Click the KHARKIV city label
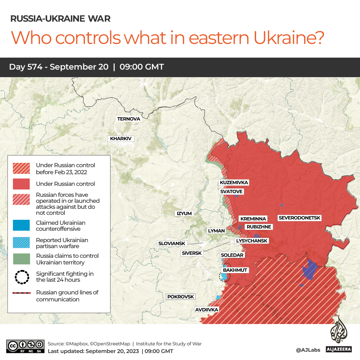(121, 139)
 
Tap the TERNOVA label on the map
(129, 119)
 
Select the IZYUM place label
(184, 213)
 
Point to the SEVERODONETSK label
(299, 218)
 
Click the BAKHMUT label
(235, 270)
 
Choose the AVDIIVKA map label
(207, 310)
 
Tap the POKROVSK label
(180, 297)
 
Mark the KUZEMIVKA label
(234, 182)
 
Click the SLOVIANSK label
(172, 243)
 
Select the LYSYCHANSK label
(251, 241)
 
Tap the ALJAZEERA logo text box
(338, 349)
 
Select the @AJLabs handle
(308, 350)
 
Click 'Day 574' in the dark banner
(26, 67)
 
